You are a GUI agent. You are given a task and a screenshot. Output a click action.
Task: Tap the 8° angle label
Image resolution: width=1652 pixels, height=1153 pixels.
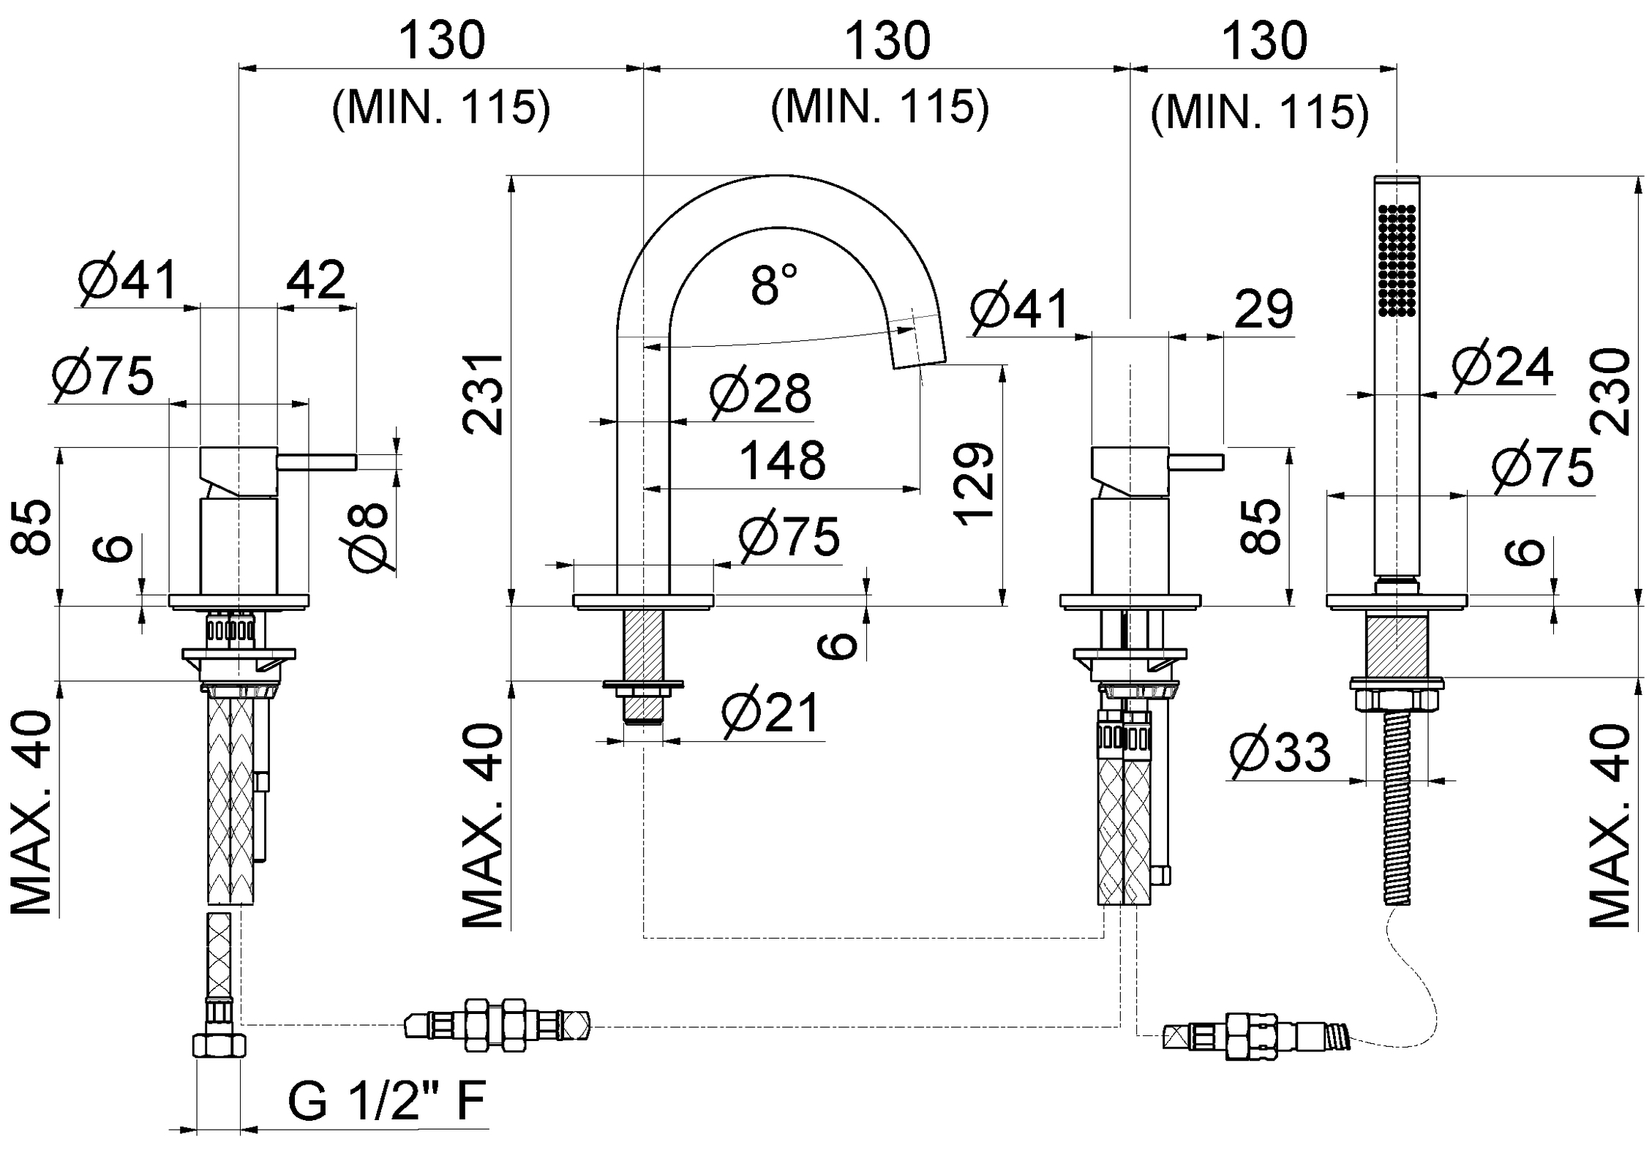(773, 285)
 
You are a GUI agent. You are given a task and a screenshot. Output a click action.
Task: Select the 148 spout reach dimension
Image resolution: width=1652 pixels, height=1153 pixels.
(782, 461)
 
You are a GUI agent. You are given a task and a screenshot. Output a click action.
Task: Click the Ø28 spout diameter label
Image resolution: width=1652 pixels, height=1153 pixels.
(761, 394)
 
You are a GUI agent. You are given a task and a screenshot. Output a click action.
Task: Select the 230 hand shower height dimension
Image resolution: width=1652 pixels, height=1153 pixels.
(1610, 391)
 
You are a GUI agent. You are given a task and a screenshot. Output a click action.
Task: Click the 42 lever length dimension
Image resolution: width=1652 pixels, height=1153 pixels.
(316, 279)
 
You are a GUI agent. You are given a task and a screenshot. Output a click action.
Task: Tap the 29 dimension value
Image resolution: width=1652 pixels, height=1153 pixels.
(1264, 309)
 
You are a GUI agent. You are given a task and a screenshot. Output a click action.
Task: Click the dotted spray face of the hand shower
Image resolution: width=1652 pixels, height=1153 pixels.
(1397, 260)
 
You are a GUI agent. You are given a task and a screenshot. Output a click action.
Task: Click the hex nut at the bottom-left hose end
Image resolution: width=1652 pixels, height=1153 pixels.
(219, 1045)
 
